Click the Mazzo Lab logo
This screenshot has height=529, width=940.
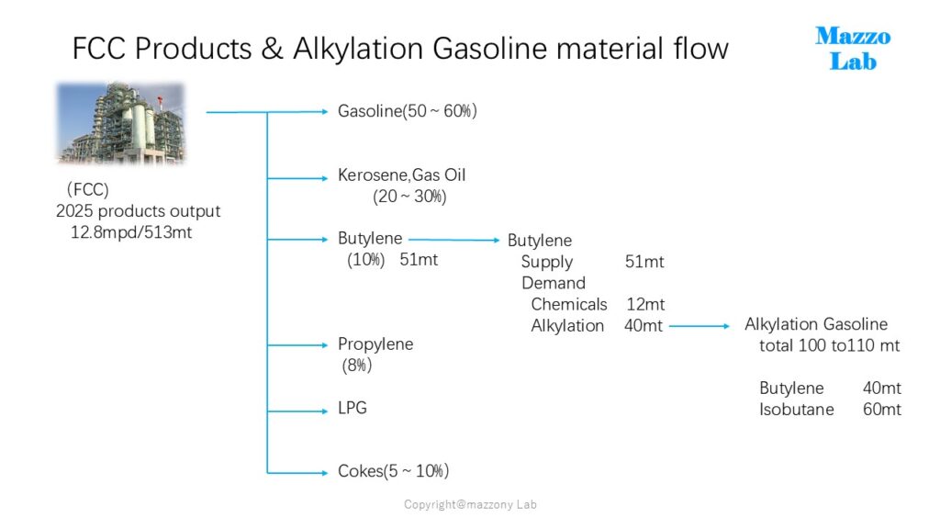coord(853,49)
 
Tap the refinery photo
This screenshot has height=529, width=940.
coord(120,123)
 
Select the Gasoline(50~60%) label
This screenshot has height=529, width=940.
coord(407,111)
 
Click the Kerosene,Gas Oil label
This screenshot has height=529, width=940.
coord(402,175)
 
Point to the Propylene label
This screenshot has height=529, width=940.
coord(375,344)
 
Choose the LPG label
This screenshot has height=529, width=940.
coord(352,408)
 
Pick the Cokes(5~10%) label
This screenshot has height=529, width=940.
coord(393,471)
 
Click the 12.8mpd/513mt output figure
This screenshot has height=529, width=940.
coord(131,232)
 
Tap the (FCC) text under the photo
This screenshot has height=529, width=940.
coord(88,189)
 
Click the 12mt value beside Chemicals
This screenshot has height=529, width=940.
coord(645,305)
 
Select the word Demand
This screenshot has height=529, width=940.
coord(554,283)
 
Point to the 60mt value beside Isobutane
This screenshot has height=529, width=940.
coord(882,410)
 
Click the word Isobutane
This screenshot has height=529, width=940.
coord(797,410)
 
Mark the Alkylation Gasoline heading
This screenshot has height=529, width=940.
coord(816,324)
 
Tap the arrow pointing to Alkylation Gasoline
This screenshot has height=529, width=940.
coord(699,326)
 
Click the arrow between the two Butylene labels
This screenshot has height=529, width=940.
coord(453,240)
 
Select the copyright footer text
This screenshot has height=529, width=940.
coord(470,504)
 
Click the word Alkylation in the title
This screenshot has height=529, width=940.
coord(359,49)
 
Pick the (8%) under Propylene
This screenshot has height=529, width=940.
coord(357,366)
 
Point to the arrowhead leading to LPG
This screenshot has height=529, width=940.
coord(325,411)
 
